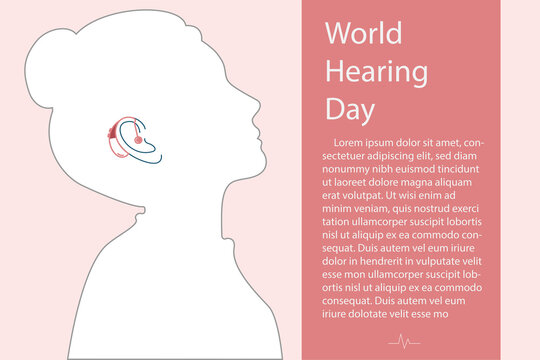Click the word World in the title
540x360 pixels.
pyautogui.click(x=364, y=33)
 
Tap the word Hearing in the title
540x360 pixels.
pyautogui.click(x=377, y=71)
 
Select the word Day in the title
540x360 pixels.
pyautogui.click(x=349, y=107)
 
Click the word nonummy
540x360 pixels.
pyautogui.click(x=349, y=169)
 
